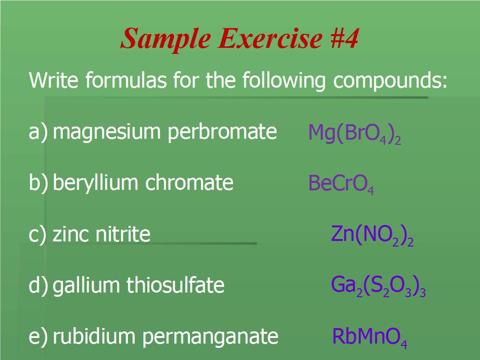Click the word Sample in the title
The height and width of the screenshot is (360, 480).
[165, 39]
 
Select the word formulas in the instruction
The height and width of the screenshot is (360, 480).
[126, 80]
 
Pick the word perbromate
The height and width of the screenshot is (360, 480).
[222, 132]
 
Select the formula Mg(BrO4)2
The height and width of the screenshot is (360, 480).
[354, 134]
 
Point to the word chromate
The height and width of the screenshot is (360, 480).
[189, 182]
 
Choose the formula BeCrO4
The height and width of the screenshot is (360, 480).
[341, 184]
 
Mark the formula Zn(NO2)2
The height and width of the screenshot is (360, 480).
[372, 235]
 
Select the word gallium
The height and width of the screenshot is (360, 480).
[86, 286]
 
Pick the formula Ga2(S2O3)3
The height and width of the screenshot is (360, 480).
[378, 286]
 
